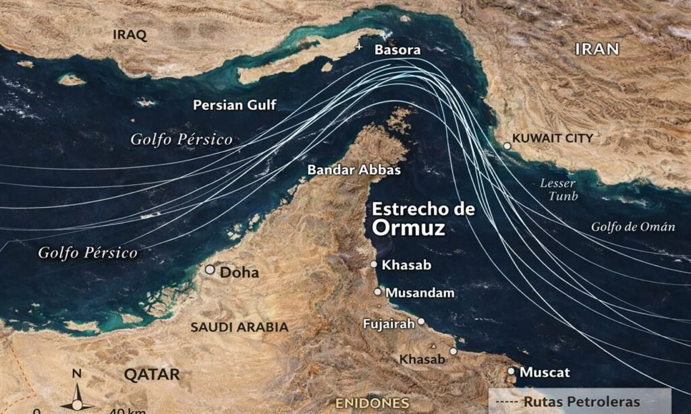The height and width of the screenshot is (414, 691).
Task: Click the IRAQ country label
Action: (130, 34)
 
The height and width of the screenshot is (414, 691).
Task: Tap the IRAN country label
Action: (597, 48)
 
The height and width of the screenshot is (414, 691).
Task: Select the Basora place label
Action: (397, 50)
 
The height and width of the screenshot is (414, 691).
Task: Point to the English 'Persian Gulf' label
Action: (234, 105)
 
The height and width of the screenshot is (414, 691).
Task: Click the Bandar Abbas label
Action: (354, 170)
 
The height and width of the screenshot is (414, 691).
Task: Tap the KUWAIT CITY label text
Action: (553, 138)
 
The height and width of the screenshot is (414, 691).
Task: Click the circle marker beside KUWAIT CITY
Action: (507, 146)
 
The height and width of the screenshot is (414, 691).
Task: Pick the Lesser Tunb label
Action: (559, 189)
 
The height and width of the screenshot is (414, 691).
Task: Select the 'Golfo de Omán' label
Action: (633, 227)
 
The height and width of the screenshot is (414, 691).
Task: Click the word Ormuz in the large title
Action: (408, 228)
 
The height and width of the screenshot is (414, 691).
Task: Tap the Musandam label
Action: (420, 293)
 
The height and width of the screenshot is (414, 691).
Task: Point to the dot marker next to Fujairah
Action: (420, 322)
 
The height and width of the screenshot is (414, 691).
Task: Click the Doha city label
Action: (240, 273)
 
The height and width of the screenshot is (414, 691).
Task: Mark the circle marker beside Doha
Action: (210, 270)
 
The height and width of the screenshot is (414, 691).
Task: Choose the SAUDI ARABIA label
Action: (239, 327)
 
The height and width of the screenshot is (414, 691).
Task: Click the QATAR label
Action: (152, 374)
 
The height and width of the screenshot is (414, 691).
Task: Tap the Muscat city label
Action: (545, 372)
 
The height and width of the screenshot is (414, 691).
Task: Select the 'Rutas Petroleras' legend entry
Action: (581, 402)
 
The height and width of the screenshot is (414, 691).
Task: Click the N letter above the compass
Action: (77, 373)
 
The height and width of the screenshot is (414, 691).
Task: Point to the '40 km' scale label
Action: (127, 409)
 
